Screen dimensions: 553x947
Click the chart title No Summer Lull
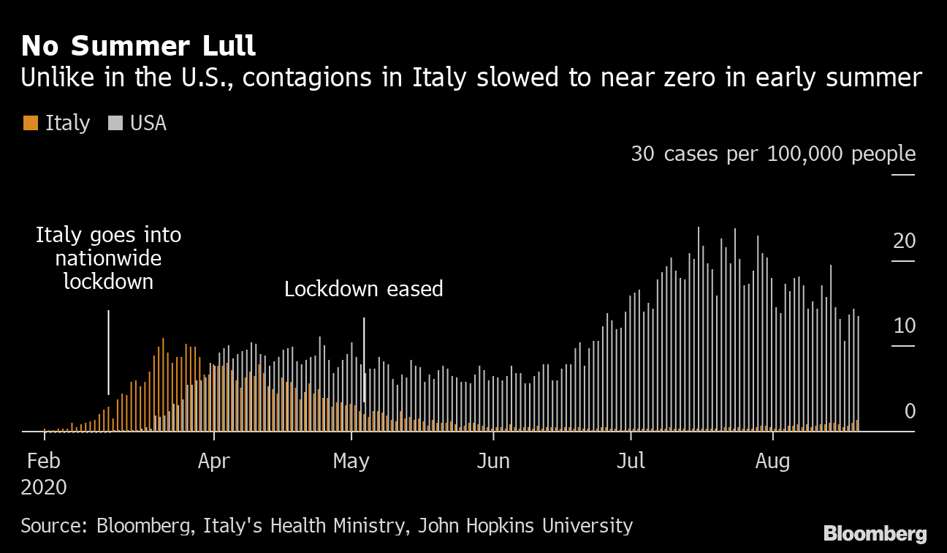[139, 45]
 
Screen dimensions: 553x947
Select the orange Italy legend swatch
[30, 124]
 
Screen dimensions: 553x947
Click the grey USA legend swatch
[115, 124]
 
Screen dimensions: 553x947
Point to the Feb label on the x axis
[45, 462]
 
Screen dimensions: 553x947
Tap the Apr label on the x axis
[213, 462]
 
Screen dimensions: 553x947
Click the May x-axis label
[351, 462]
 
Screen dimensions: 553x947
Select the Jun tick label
[493, 462]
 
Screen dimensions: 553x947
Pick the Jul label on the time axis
[631, 462]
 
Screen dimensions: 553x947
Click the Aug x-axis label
[772, 462]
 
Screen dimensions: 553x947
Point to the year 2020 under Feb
[44, 488]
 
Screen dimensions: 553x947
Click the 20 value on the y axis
[904, 241]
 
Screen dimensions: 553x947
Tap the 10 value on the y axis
[904, 326]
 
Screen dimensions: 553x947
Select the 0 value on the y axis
[910, 411]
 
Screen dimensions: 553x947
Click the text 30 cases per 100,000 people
[773, 154]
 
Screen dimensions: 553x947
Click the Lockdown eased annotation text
[363, 289]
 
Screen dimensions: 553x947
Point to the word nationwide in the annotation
[108, 258]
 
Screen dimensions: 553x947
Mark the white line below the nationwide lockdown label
[108, 351]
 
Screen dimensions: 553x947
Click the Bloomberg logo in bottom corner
[875, 533]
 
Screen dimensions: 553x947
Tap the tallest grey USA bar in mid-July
[699, 329]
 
